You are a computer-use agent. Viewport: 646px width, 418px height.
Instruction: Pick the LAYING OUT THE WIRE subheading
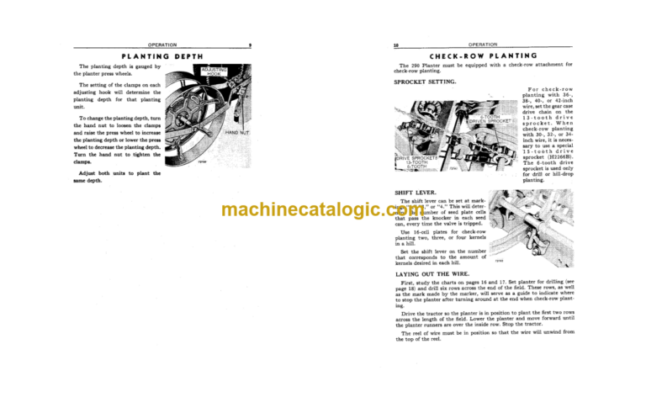pos(432,274)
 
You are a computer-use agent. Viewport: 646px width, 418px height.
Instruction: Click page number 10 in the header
pos(395,44)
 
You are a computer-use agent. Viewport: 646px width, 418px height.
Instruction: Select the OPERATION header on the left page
pos(162,44)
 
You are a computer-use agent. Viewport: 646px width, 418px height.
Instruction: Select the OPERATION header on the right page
pos(483,44)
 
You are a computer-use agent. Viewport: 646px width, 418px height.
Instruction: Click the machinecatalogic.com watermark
pos(323,210)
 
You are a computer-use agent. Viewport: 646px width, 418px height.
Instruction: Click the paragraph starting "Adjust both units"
pos(118,177)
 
